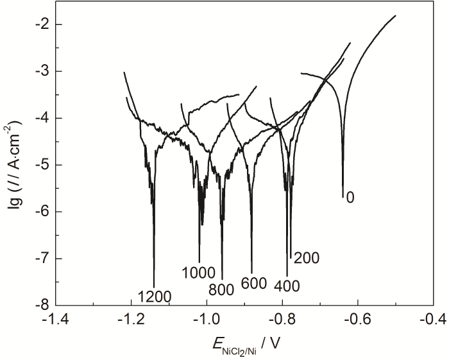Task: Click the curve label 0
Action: click(350, 198)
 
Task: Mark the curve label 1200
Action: click(154, 296)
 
